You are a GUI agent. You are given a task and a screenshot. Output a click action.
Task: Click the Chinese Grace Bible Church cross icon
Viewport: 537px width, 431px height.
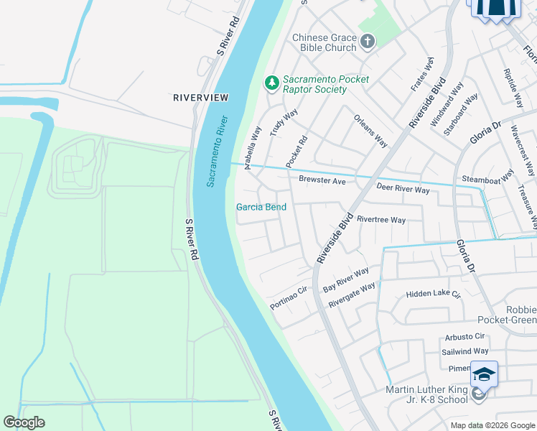(x=367, y=42)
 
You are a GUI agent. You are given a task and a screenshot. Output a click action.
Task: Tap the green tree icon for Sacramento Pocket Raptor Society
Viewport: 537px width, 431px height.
(x=271, y=83)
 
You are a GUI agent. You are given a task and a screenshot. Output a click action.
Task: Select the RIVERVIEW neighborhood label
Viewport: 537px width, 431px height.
(x=200, y=97)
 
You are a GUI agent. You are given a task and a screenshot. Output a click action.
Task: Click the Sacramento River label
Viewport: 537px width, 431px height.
(x=218, y=151)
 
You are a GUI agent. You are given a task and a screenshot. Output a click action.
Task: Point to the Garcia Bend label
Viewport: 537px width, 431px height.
(x=261, y=207)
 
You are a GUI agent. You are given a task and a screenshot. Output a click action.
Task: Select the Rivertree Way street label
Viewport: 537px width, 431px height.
(x=381, y=220)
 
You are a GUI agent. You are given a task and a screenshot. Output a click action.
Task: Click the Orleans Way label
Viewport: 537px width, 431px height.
(x=371, y=130)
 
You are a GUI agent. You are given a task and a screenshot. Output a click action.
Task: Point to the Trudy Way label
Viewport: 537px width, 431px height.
(x=284, y=123)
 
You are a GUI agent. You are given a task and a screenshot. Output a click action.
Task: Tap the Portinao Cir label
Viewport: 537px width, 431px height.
(x=289, y=297)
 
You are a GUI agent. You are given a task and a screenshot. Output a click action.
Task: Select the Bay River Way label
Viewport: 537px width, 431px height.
(x=346, y=278)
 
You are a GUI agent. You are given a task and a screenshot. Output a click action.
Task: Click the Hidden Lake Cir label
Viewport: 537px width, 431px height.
(x=433, y=294)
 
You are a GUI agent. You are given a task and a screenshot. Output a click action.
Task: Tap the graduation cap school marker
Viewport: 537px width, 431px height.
(x=484, y=375)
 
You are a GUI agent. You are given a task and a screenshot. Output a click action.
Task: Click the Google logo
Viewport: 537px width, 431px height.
(x=24, y=422)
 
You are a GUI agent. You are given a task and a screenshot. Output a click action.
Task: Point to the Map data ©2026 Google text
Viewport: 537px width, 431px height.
(x=492, y=425)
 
